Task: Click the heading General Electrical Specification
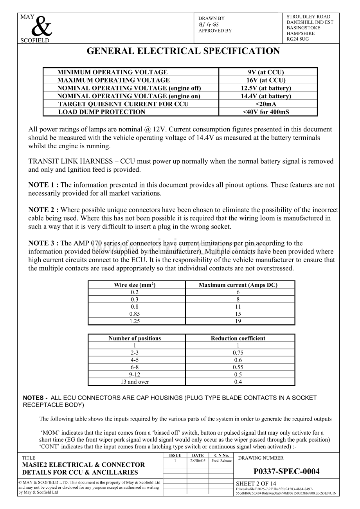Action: click(x=183, y=51)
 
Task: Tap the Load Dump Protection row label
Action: click(x=102, y=112)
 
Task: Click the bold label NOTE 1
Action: click(x=43, y=185)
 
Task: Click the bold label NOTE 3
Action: click(x=43, y=243)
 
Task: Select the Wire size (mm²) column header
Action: click(x=135, y=285)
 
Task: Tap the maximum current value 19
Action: click(x=238, y=321)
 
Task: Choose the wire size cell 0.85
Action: click(x=135, y=314)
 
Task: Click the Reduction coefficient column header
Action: click(x=238, y=338)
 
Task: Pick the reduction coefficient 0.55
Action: click(x=238, y=367)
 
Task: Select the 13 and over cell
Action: click(x=135, y=382)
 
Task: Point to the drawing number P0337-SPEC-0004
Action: click(x=286, y=472)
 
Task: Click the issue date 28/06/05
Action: click(x=198, y=461)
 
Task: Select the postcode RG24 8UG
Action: click(x=297, y=39)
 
